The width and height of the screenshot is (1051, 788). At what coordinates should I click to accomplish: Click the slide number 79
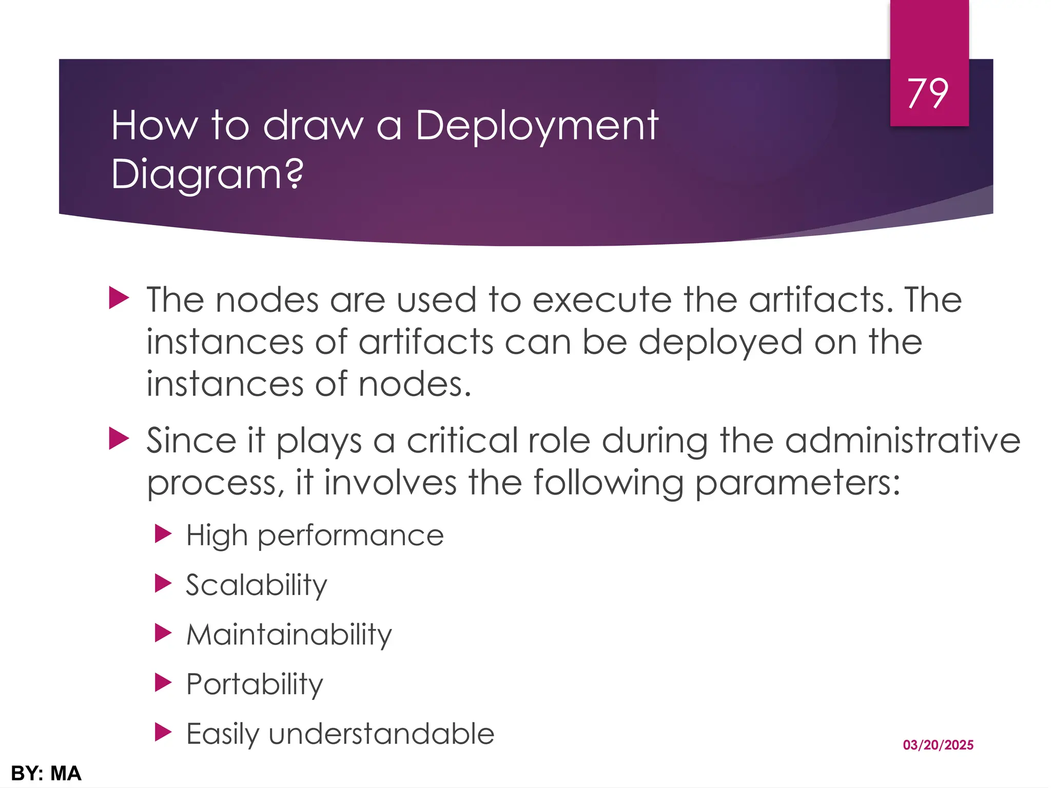pyautogui.click(x=928, y=94)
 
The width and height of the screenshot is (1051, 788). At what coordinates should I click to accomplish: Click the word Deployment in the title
pyautogui.click(x=537, y=126)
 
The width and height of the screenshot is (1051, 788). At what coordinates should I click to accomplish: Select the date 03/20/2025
pyautogui.click(x=938, y=745)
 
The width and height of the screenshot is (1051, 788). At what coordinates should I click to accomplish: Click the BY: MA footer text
pyautogui.click(x=46, y=774)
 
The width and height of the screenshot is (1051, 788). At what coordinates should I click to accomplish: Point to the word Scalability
pyautogui.click(x=257, y=585)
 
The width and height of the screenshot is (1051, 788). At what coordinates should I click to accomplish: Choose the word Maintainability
pyautogui.click(x=289, y=635)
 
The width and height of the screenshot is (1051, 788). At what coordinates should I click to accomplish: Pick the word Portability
pyautogui.click(x=255, y=684)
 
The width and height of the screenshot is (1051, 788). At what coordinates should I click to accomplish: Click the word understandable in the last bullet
pyautogui.click(x=381, y=734)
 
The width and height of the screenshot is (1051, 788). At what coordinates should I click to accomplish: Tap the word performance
pyautogui.click(x=351, y=536)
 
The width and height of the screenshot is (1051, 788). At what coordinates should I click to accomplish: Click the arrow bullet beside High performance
pyautogui.click(x=163, y=534)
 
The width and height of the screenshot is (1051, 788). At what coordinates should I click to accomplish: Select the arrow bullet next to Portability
pyautogui.click(x=163, y=683)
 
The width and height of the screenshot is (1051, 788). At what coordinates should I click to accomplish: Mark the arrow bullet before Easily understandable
pyautogui.click(x=163, y=732)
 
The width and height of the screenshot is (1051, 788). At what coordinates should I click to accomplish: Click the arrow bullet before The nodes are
pyautogui.click(x=119, y=298)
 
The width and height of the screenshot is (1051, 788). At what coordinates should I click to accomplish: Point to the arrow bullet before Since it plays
pyautogui.click(x=119, y=440)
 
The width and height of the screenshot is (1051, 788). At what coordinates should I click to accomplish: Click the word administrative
pyautogui.click(x=903, y=441)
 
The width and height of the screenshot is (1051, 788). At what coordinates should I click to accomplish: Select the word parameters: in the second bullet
pyautogui.click(x=798, y=483)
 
